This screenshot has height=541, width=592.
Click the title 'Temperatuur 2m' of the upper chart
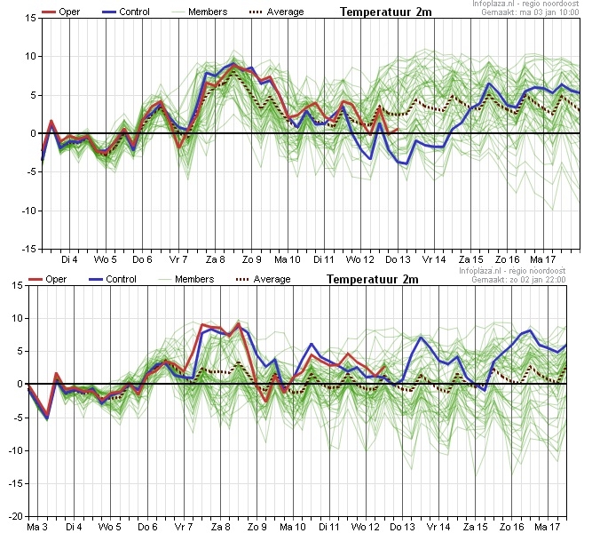[x=385, y=12]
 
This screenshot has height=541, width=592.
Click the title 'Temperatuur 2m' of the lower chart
[x=372, y=280]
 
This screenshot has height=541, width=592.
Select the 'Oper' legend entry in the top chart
[x=60, y=12]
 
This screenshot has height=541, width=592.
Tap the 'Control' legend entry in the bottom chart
[x=112, y=280]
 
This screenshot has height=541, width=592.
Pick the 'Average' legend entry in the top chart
[x=276, y=12]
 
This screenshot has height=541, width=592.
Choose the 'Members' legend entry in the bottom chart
[x=186, y=280]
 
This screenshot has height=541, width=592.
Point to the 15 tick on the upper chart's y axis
[x=31, y=18]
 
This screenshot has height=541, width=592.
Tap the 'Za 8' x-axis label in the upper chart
[x=215, y=259]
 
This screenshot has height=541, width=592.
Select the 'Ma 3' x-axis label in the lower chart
[x=37, y=527]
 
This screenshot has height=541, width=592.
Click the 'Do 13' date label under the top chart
[x=398, y=259]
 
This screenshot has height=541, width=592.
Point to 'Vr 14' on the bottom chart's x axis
[x=438, y=527]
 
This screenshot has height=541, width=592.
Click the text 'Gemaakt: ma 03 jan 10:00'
[x=530, y=12]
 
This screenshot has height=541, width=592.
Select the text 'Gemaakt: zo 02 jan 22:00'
[x=518, y=280]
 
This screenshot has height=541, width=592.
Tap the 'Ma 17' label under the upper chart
[x=543, y=259]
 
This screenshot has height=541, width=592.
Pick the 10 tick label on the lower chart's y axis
[x=18, y=319]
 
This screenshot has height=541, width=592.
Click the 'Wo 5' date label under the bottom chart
[x=109, y=527]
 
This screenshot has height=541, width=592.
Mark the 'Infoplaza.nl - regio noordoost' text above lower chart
[x=512, y=271]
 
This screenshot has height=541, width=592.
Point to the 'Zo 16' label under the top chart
[x=507, y=259]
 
